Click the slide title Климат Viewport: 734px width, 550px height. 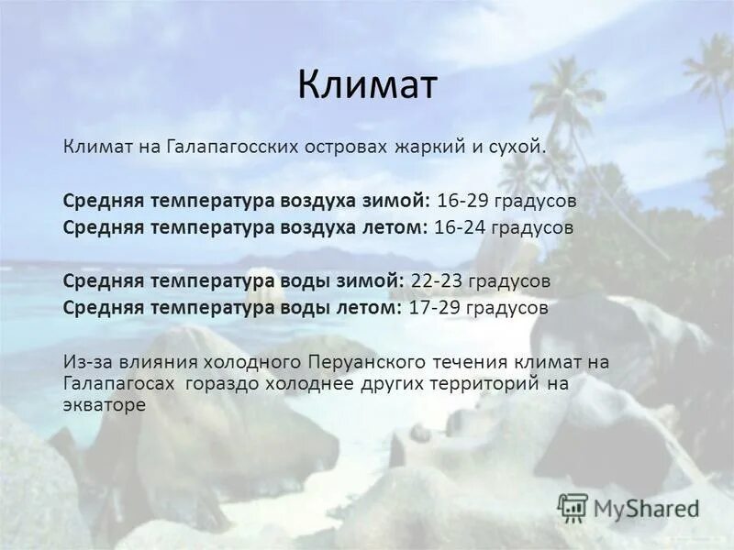(x=367, y=86)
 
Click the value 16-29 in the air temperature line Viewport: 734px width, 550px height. (x=462, y=199)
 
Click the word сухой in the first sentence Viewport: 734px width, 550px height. (x=517, y=147)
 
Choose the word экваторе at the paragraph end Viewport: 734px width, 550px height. (x=105, y=405)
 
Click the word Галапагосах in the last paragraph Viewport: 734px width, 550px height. (x=118, y=383)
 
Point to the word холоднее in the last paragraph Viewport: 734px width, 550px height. (x=319, y=383)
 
